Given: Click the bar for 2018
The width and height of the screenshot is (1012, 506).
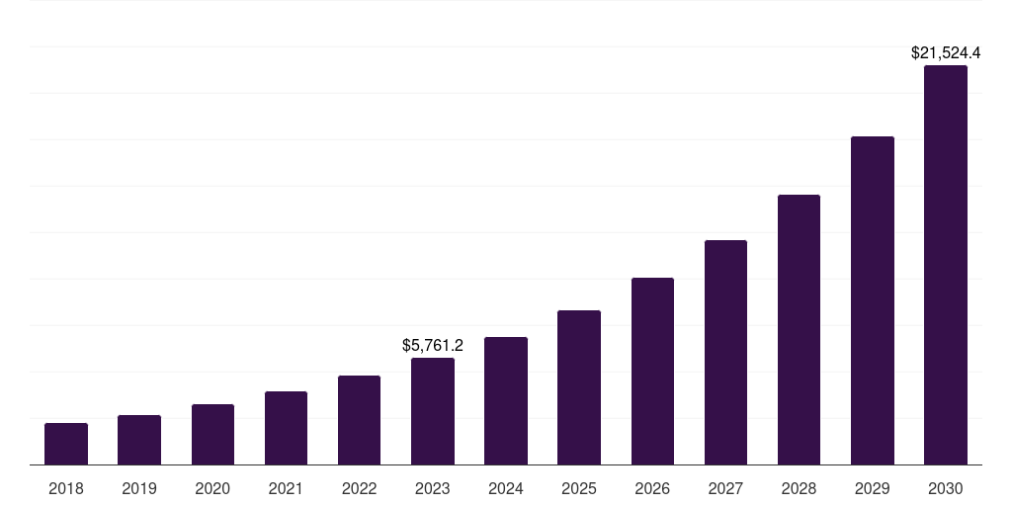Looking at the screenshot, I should [x=66, y=444].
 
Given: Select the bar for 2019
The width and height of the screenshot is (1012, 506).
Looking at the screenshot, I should [x=139, y=440].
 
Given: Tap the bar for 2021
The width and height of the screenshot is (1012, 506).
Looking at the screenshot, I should [x=286, y=428].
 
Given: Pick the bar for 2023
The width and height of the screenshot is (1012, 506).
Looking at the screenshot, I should [x=433, y=411].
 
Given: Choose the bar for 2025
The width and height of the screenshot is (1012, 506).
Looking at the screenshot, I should [x=579, y=387].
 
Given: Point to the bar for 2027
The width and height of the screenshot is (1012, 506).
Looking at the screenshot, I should [x=725, y=353].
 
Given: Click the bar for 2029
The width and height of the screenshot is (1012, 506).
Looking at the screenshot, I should [x=873, y=300].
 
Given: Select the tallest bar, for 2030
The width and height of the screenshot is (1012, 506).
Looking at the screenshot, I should [x=946, y=265].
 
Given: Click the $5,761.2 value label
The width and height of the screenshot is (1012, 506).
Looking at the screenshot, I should [x=433, y=346].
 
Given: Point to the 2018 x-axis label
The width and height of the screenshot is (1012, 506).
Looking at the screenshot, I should [x=66, y=488].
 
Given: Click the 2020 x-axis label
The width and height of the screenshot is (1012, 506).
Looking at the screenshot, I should [x=212, y=488].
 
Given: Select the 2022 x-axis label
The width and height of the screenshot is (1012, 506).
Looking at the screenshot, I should [x=359, y=488].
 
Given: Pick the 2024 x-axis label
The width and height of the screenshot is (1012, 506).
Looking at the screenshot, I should [x=506, y=488].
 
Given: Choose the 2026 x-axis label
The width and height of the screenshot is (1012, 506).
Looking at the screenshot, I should [x=652, y=488].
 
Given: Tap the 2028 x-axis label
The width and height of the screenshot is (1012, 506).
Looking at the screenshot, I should [x=799, y=488].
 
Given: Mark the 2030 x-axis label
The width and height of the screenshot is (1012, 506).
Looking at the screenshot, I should [x=946, y=488].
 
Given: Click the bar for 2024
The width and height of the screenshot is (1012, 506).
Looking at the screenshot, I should [x=506, y=401].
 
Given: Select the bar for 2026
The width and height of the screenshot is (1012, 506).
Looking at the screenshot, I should [x=652, y=372].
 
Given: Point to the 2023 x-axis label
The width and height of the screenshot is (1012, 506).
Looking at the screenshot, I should [x=433, y=488].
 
